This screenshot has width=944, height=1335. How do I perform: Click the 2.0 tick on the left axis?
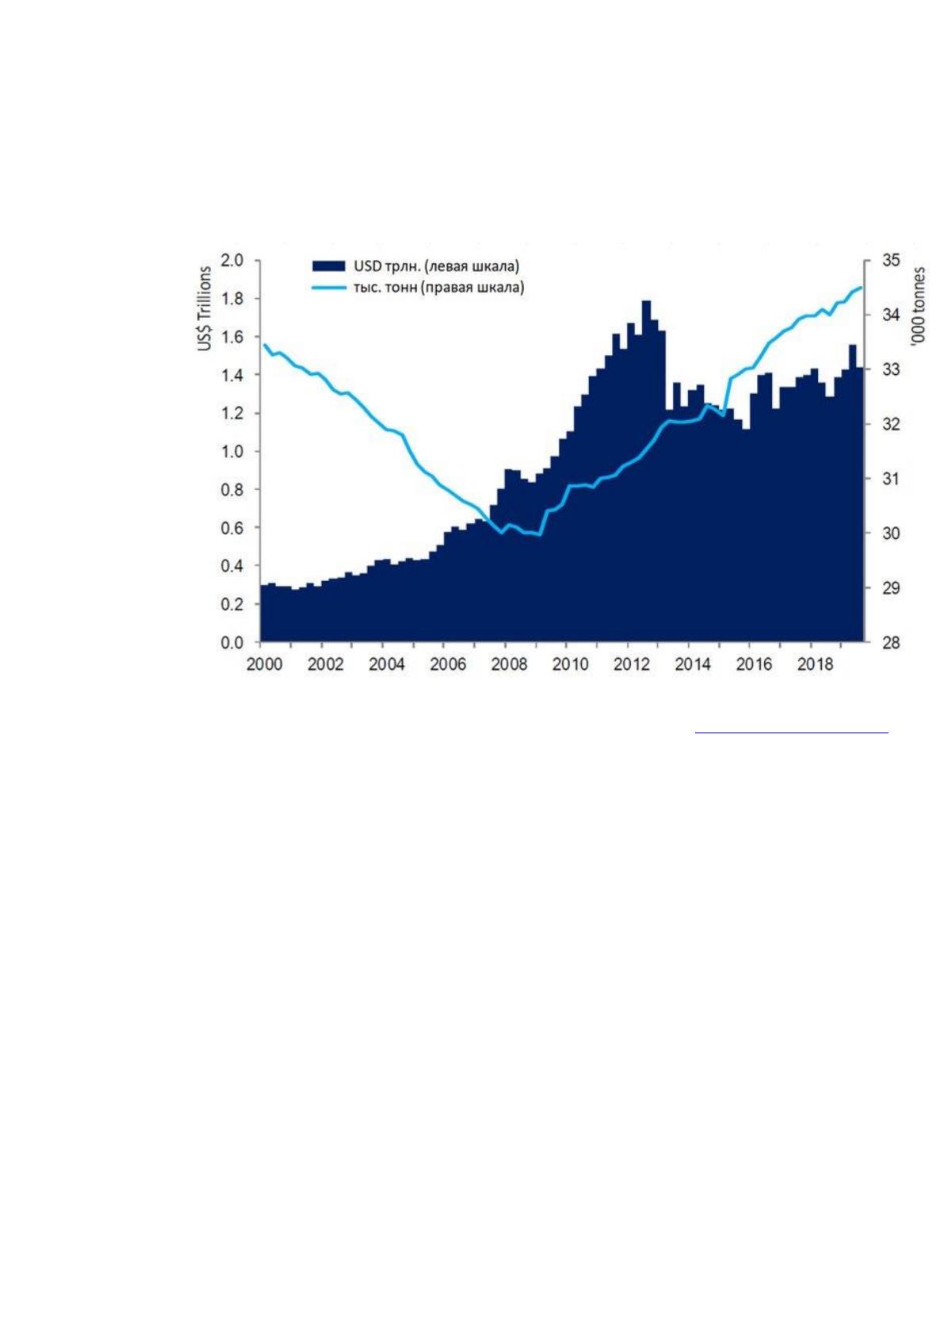(232, 261)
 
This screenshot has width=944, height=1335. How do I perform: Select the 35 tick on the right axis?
(891, 261)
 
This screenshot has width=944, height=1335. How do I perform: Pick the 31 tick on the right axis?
(891, 479)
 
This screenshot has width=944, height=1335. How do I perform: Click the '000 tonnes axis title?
(919, 305)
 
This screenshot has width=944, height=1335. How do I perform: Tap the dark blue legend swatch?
(328, 266)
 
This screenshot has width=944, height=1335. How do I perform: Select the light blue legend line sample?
(328, 288)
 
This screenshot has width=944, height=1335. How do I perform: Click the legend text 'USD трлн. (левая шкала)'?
(436, 266)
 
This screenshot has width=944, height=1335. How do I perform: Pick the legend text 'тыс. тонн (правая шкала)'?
(438, 288)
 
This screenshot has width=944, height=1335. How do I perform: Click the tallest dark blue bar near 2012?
(646, 471)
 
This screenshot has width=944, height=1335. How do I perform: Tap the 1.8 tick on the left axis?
(232, 299)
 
